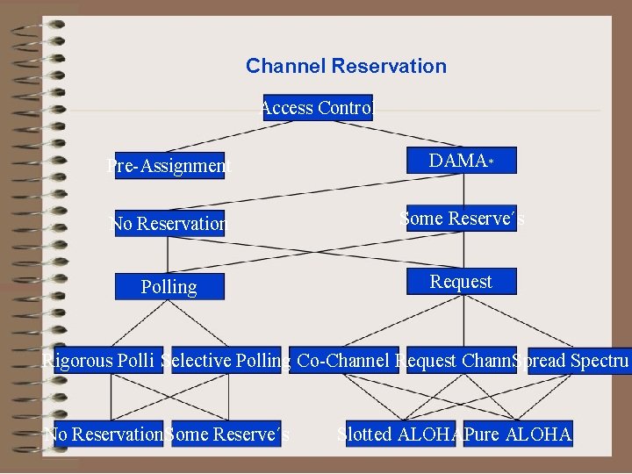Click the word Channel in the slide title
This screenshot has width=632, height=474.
coord(284,67)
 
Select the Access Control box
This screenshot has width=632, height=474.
coord(318,108)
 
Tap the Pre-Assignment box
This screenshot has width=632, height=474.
coord(169,165)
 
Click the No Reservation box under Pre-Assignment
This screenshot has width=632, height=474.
coord(169,224)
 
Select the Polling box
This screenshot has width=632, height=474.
coord(169,287)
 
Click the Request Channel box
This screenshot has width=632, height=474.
coord(460,361)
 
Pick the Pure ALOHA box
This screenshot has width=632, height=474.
coord(518,434)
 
